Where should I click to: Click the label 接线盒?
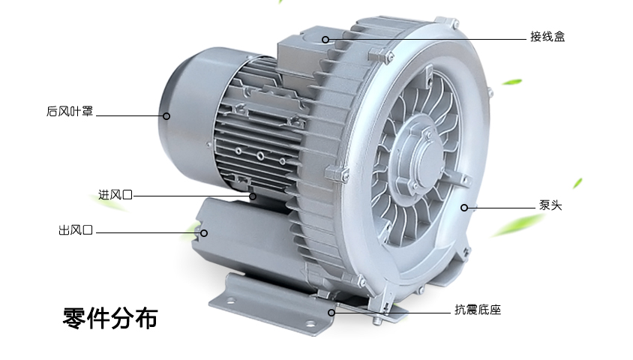point(547,37)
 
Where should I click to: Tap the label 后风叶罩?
point(70,111)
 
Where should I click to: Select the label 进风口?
point(115,195)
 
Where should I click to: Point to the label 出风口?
point(76,230)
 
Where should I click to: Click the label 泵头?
point(550,205)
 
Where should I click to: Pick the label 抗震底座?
point(478,310)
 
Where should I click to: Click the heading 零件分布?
point(109,319)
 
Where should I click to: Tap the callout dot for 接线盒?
point(325,40)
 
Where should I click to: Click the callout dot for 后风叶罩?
point(166,116)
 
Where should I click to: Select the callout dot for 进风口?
point(253,196)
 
